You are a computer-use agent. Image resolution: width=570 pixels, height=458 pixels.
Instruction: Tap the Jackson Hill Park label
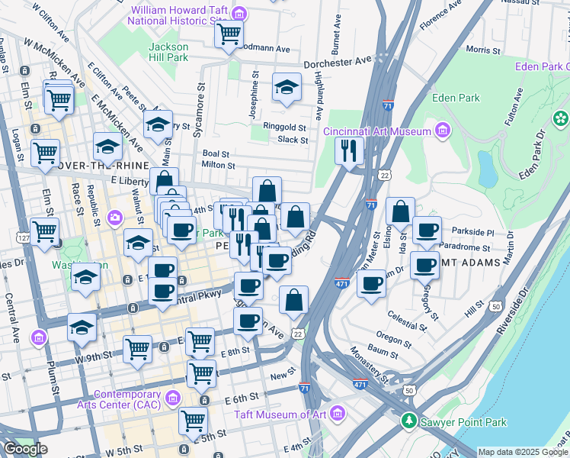[168, 52]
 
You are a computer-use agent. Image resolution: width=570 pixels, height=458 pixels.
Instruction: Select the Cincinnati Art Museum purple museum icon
[441, 131]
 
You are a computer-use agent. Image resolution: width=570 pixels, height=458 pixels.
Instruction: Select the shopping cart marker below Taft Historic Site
[229, 34]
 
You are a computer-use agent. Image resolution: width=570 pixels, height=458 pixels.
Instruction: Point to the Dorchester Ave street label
[337, 61]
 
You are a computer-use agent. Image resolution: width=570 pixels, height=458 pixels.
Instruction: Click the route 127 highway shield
[25, 238]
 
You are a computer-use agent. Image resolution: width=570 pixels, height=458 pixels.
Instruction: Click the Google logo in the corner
[25, 449]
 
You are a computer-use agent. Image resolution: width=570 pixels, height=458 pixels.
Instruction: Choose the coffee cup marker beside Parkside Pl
[427, 230]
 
